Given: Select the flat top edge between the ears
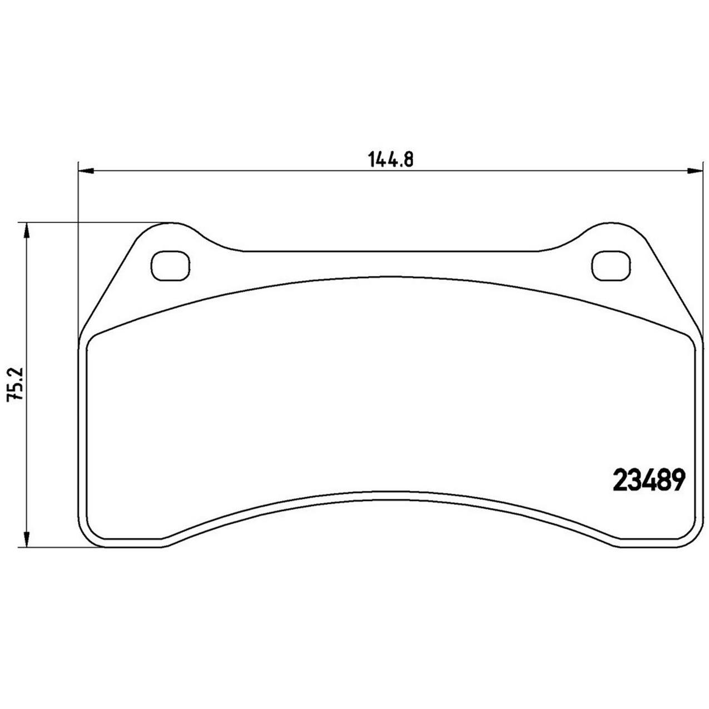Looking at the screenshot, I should [389, 251].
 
